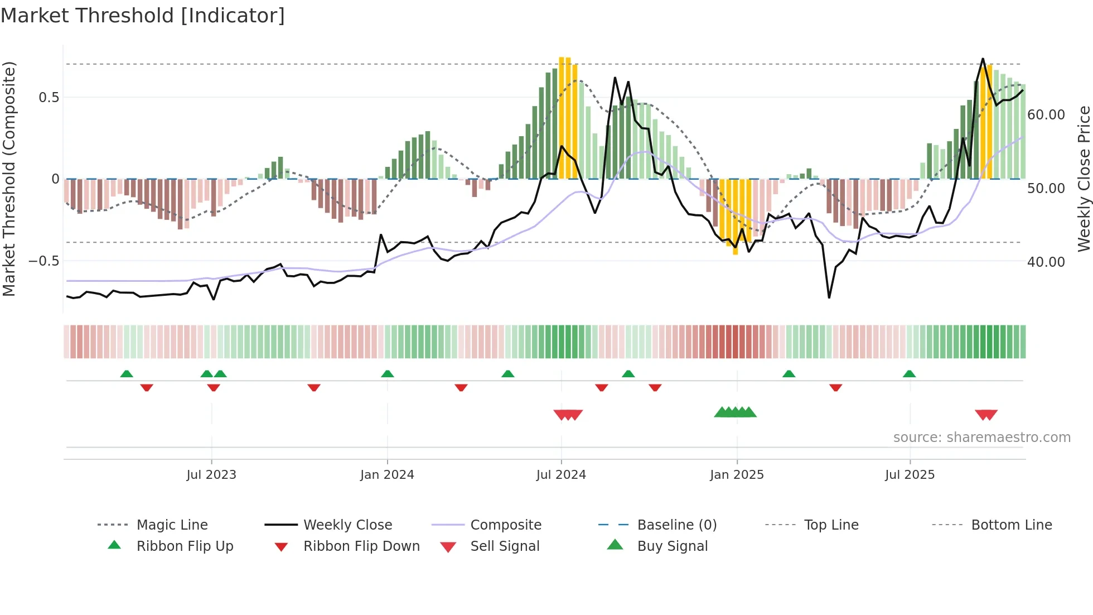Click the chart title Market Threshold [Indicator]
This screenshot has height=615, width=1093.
click(143, 16)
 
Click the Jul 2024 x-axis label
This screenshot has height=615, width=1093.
click(561, 475)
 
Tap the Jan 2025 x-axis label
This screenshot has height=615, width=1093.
click(737, 475)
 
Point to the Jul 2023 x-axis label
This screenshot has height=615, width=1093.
click(211, 475)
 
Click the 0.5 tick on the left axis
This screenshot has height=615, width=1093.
click(49, 98)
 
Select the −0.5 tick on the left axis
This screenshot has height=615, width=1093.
click(44, 261)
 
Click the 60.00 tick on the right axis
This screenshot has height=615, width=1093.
click(1046, 115)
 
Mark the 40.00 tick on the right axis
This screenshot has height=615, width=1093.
click(1046, 262)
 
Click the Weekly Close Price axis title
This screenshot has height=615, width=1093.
click(1084, 179)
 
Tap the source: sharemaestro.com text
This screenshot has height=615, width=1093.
click(981, 438)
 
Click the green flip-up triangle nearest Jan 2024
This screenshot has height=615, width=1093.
click(388, 374)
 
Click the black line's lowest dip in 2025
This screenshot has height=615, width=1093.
click(829, 297)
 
